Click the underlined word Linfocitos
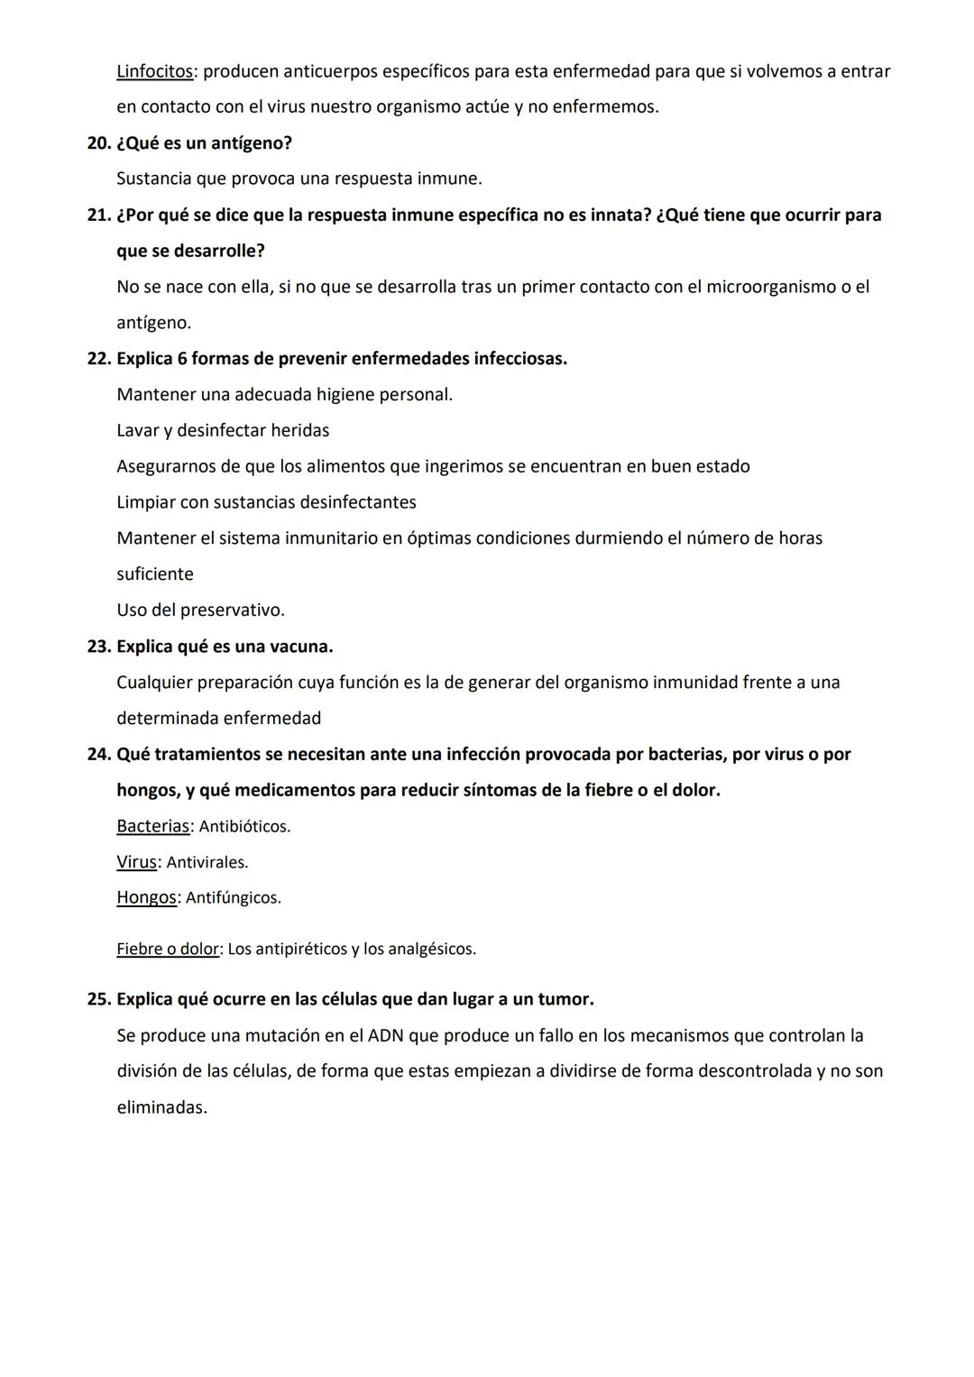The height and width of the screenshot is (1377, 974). pos(154,71)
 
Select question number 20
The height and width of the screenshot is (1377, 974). pos(98,143)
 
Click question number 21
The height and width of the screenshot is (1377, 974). pos(98,216)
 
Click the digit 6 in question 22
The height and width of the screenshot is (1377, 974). pos(182,359)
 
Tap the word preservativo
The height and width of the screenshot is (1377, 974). pos(232,610)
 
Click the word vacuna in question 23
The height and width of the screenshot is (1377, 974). pos(300,647)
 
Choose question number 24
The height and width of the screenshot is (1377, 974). pos(98,755)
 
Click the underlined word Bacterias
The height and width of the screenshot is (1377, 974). pos(152,826)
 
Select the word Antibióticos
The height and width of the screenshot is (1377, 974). pos(243,827)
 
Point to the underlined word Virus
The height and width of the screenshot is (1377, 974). pos(136,862)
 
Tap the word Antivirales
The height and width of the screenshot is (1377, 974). pos(207,863)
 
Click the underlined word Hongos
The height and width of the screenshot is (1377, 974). pos(146,898)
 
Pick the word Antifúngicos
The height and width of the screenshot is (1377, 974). pos(233,898)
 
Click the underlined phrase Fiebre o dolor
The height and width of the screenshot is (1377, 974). pos(168,949)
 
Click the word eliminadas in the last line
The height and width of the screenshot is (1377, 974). pos(161,1107)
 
